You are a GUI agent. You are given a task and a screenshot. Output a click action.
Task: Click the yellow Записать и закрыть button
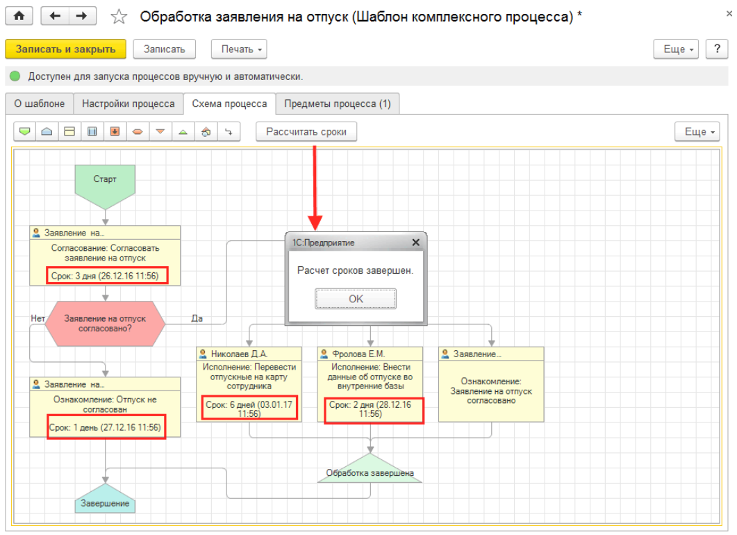[x=65, y=49]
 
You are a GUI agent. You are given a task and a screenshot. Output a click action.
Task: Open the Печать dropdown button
[x=239, y=49]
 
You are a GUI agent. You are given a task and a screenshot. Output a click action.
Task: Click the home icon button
[x=19, y=16]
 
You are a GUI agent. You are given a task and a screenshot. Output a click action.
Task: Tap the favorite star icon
[x=119, y=17]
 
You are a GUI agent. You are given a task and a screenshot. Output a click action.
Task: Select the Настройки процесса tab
[x=129, y=104]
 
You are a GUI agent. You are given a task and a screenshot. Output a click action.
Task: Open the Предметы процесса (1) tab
[x=338, y=104]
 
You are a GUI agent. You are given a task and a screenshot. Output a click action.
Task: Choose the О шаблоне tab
[x=40, y=104]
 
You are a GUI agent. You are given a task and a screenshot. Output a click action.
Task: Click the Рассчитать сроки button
[x=306, y=131]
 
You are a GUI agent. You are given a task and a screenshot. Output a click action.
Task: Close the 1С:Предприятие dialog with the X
[x=415, y=242]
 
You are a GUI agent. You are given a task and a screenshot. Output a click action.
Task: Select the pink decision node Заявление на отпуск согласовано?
[x=106, y=324]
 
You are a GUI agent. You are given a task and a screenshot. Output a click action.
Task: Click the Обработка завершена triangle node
[x=370, y=469]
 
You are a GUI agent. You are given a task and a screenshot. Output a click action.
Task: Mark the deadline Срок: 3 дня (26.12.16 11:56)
[x=106, y=276]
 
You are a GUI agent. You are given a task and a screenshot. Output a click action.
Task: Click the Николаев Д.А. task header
[x=249, y=354]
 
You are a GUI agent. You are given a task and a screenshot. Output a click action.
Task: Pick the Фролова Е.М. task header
[x=370, y=354]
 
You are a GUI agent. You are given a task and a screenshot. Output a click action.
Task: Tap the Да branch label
[x=197, y=318]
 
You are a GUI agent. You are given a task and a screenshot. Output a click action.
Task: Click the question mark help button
[x=717, y=49]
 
